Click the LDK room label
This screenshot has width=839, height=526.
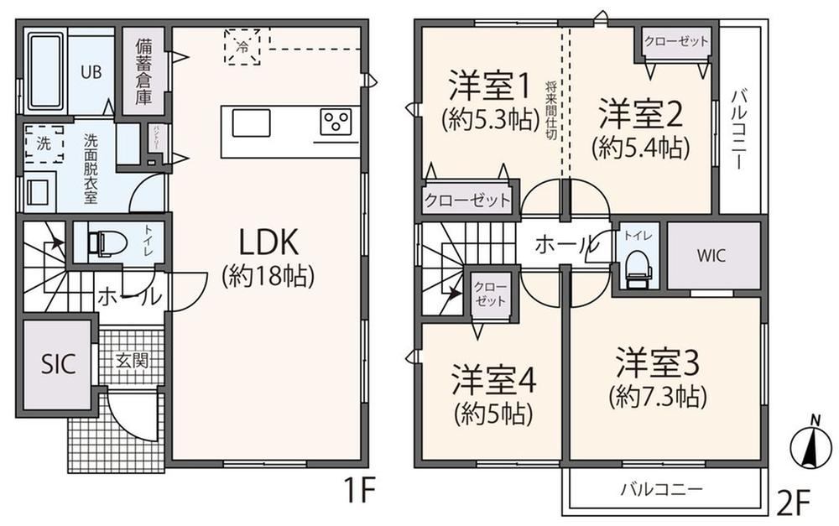pyautogui.click(x=268, y=243)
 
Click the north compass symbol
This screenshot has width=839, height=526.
pyautogui.click(x=806, y=445)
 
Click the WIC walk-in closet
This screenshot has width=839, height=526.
pyautogui.click(x=713, y=255)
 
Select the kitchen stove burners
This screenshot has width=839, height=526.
pyautogui.click(x=338, y=122)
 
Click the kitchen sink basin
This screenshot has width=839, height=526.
pyautogui.click(x=252, y=123)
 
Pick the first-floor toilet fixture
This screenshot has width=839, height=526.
pyautogui.click(x=107, y=243)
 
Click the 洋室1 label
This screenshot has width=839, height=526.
pyautogui.click(x=489, y=86)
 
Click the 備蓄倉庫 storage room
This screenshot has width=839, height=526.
pyautogui.click(x=144, y=71)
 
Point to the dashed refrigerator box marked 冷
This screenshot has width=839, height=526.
pyautogui.click(x=242, y=47)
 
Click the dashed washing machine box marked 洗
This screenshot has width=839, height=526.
pyautogui.click(x=44, y=143)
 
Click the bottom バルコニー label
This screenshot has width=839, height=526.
pyautogui.click(x=661, y=488)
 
